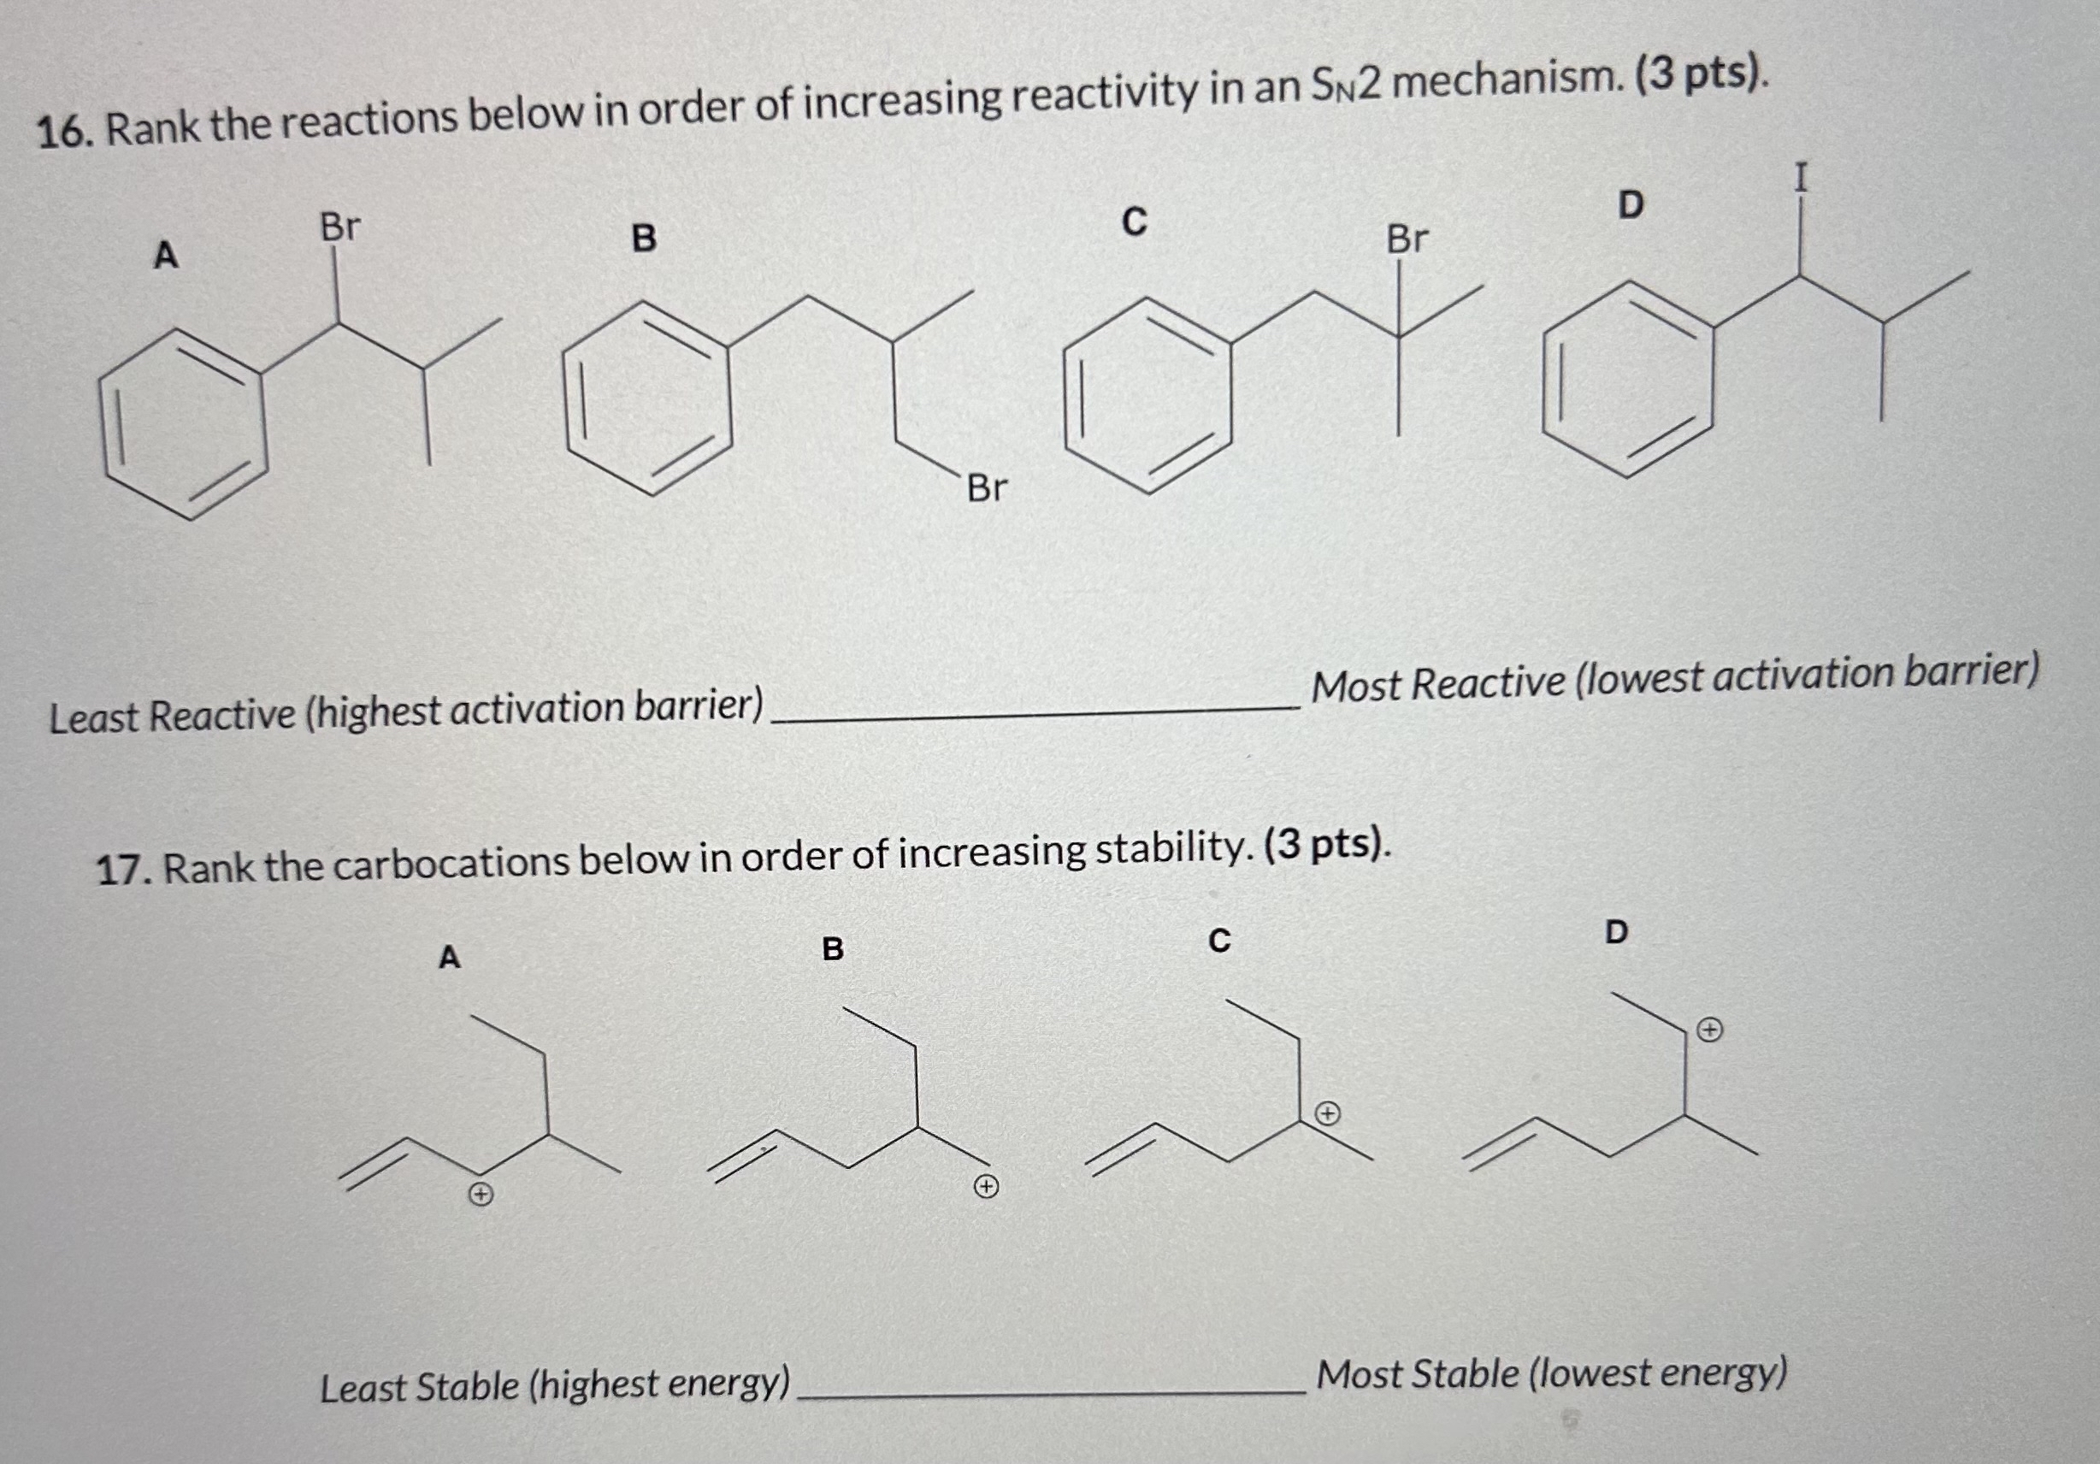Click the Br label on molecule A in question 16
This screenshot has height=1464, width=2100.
pos(339,227)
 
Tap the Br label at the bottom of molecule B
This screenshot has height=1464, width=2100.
pos(987,488)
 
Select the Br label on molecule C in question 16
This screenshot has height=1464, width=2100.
pos(1407,239)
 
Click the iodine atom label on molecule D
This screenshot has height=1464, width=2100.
pos(1801,178)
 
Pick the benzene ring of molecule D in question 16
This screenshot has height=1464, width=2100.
pos(1628,379)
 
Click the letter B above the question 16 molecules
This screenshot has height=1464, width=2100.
pos(644,239)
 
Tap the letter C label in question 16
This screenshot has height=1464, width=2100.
pos(1133,221)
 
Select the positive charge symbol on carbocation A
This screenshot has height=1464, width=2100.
pos(481,1194)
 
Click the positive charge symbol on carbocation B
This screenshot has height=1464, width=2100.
pos(985,1188)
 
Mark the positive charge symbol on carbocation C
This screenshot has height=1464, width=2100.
pos(1328,1113)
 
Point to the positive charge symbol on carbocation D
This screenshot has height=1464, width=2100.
pos(1709,1030)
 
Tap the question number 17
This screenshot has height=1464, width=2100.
pos(124,869)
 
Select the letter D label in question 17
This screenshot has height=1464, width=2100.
pos(1616,932)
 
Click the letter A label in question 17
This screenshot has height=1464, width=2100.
pos(448,957)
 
